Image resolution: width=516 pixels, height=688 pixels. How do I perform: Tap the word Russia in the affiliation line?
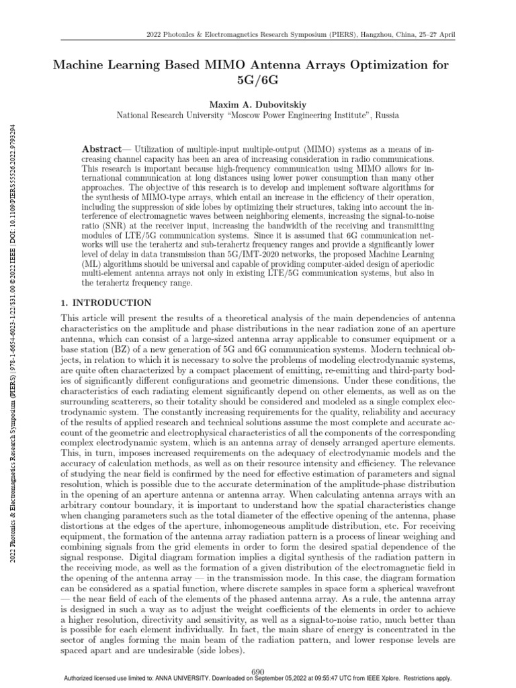387,115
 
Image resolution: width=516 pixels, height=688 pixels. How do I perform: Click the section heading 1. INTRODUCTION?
106,303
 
